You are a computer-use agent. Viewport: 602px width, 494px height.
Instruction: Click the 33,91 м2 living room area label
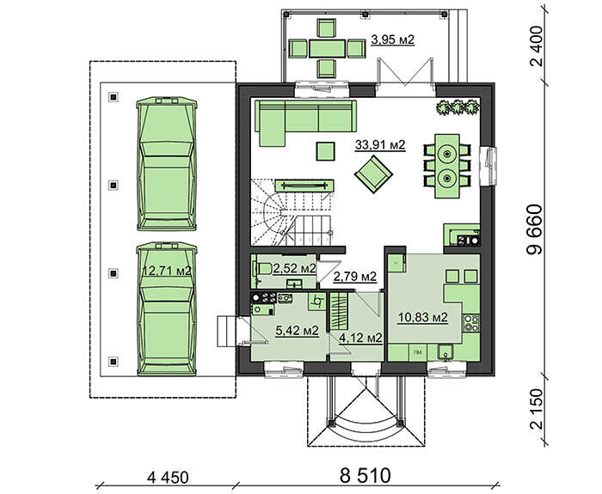pos(380,145)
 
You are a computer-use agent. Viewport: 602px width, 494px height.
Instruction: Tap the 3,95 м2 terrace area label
pos(393,40)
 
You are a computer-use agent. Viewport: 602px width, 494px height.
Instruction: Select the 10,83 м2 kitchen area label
pos(423,318)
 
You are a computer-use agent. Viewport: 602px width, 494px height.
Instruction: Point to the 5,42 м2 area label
pos(298,330)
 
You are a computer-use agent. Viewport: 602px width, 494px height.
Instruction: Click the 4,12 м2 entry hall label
pos(360,338)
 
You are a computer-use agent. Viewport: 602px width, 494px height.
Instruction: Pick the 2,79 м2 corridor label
pos(354,276)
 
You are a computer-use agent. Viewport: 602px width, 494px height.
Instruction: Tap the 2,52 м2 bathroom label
pos(294,269)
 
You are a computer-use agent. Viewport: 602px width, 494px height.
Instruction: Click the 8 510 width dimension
pos(365,476)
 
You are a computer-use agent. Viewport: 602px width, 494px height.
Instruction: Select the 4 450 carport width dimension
pos(168,478)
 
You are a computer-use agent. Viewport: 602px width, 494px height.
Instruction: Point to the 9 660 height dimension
pos(535,229)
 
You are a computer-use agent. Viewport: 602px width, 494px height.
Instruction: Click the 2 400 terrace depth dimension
pos(537,46)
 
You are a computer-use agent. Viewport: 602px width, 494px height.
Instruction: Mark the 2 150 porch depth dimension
pos(537,409)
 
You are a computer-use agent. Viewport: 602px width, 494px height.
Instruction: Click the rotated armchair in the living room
pos(373,174)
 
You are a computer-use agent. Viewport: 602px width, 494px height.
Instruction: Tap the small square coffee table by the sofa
pos(325,151)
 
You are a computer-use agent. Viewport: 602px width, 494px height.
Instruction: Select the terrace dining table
pos(327,48)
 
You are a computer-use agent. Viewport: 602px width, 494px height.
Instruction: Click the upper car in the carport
pos(167,163)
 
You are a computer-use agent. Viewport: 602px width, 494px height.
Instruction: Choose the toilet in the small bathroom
pos(262,268)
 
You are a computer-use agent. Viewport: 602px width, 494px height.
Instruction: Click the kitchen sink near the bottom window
pos(445,351)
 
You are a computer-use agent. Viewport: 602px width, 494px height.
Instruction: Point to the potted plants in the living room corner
pos(458,107)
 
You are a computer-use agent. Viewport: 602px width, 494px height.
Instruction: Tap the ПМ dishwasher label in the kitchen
pos(417,351)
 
